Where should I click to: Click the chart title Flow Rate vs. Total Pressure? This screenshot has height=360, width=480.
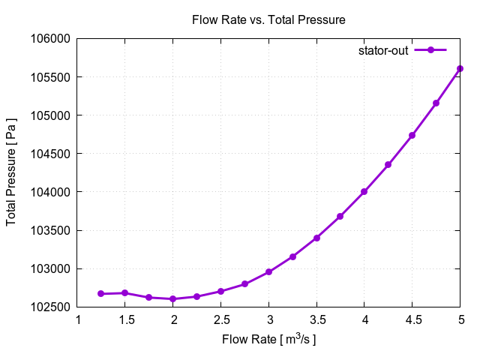[268, 20]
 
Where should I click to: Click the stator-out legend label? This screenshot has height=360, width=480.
[382, 50]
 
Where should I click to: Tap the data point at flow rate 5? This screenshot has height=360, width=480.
[460, 68]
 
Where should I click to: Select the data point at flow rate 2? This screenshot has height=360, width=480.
[172, 298]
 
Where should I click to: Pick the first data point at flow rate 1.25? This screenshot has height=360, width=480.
[100, 293]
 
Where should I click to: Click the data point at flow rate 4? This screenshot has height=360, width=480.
[364, 191]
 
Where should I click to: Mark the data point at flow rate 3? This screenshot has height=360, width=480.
[268, 271]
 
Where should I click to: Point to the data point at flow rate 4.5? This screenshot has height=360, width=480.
[412, 136]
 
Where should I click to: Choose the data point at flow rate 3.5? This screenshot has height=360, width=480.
[316, 238]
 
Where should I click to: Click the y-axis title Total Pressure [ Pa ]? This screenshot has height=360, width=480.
[12, 172]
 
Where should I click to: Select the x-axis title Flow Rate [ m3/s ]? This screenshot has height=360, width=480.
[268, 340]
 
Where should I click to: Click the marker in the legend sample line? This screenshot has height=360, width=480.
[430, 50]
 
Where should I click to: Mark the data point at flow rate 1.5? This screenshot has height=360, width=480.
[124, 292]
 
